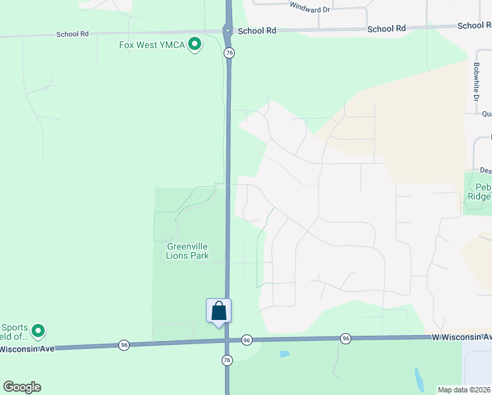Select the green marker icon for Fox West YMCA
pyautogui.click(x=195, y=45)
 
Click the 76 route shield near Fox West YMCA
pyautogui.click(x=229, y=53)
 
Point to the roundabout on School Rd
pyautogui.click(x=228, y=30)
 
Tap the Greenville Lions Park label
pyautogui.click(x=183, y=251)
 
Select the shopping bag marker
pyautogui.click(x=218, y=311)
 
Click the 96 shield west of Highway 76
pyautogui.click(x=124, y=344)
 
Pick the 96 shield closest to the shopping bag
pyautogui.click(x=247, y=340)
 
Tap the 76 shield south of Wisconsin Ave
pyautogui.click(x=228, y=359)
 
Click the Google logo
pyautogui.click(x=22, y=387)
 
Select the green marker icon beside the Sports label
pyautogui.click(x=38, y=330)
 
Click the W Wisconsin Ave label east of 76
pyautogui.click(x=461, y=336)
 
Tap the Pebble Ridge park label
pyautogui.click(x=480, y=192)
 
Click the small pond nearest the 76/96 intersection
pyautogui.click(x=284, y=354)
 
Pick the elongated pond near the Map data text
pyautogui.click(x=419, y=378)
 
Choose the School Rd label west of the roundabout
pyautogui.click(x=72, y=34)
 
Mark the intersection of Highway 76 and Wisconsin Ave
pyautogui.click(x=228, y=341)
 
